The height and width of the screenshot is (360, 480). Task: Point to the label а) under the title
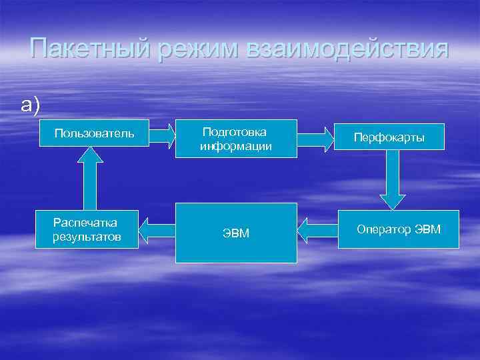tap(31, 105)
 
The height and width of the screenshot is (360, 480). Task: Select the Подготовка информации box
tap(236, 139)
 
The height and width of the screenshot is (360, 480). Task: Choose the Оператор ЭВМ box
tap(399, 230)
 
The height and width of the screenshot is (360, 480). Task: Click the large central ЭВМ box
tap(236, 233)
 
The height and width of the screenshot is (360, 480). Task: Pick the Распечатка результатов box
tap(87, 229)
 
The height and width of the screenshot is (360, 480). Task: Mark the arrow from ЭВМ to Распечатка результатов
tap(157, 231)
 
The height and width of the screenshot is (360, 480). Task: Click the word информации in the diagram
tap(236, 146)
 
